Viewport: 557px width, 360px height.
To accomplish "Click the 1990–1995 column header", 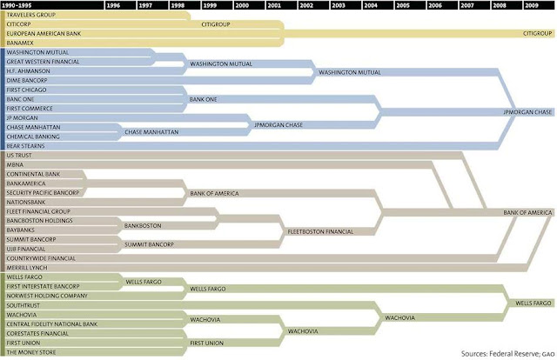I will click(x=18, y=5).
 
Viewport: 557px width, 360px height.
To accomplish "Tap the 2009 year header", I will click(x=531, y=5).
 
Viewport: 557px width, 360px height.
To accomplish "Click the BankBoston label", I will click(x=142, y=225).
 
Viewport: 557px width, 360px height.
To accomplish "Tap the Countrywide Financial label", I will click(x=40, y=258).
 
